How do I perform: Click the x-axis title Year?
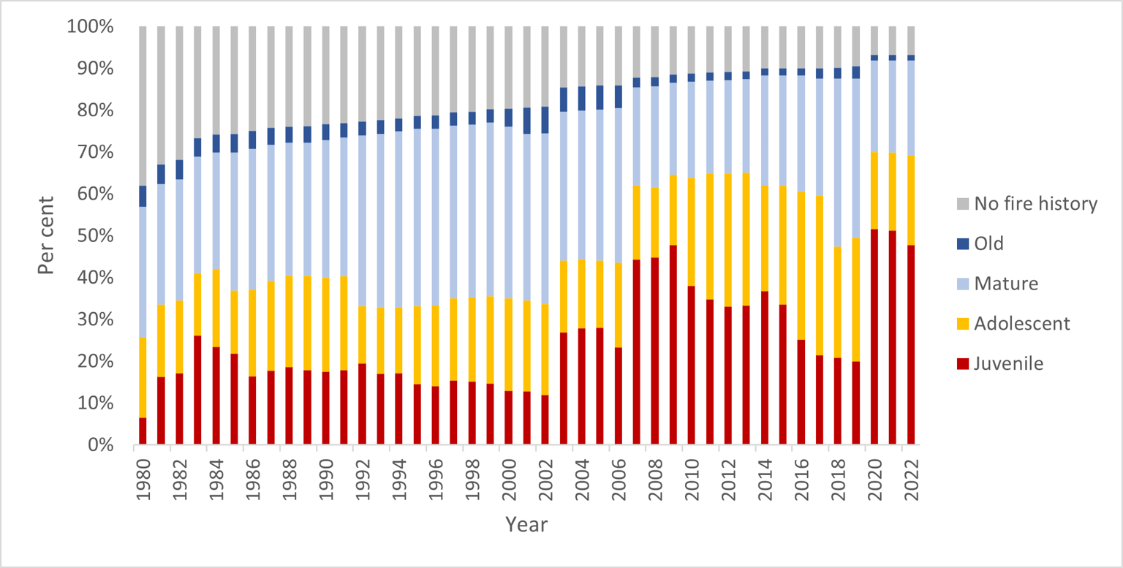click(x=526, y=524)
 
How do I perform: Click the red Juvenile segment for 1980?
click(x=143, y=431)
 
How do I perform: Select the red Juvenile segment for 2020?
click(x=874, y=336)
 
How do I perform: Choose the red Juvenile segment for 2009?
click(x=673, y=344)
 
